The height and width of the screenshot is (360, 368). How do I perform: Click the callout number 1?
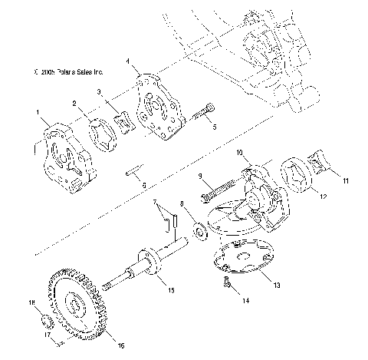click(36, 112)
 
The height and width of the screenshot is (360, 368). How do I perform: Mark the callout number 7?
click(156, 203)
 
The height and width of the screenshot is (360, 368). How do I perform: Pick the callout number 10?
click(238, 152)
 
